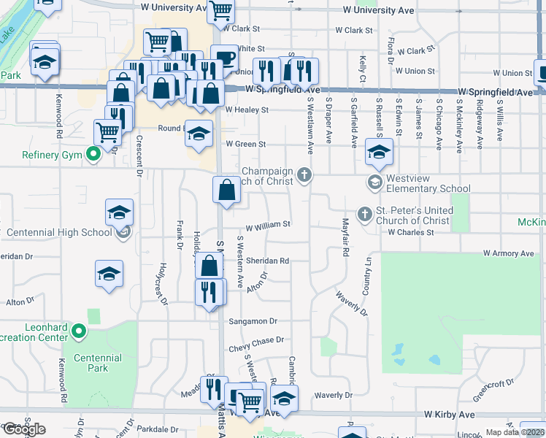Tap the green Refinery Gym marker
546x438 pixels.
coord(93,154)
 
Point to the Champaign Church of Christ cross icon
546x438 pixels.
coord(304,174)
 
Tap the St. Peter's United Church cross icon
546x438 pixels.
coord(365,214)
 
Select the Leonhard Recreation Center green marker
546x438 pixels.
coord(80,333)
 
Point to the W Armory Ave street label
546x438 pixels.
coord(510,253)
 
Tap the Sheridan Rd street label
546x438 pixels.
coord(267,261)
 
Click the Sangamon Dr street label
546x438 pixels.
coord(253,320)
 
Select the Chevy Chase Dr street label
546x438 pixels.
coord(255,339)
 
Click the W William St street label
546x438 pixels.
coord(268,225)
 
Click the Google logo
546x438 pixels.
coord(25,429)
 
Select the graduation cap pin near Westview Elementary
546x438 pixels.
coord(378,153)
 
